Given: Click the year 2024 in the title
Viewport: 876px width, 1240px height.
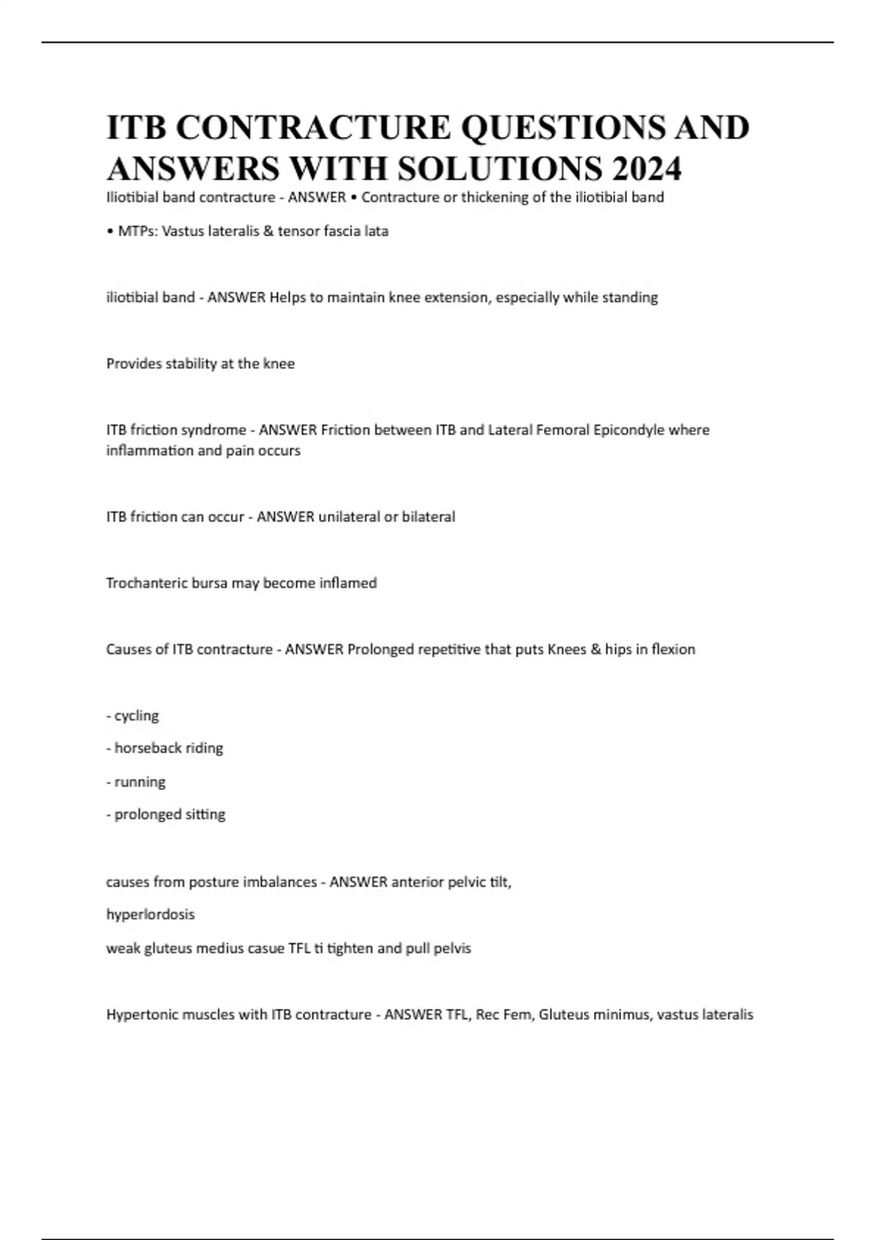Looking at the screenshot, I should [647, 168].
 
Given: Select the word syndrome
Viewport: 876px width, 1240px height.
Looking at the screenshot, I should [212, 430].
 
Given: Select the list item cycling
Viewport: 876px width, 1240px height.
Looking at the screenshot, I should [137, 716].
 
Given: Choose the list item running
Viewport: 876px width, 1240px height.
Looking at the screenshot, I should [140, 783].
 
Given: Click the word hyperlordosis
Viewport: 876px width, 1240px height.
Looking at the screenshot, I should [150, 915].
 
